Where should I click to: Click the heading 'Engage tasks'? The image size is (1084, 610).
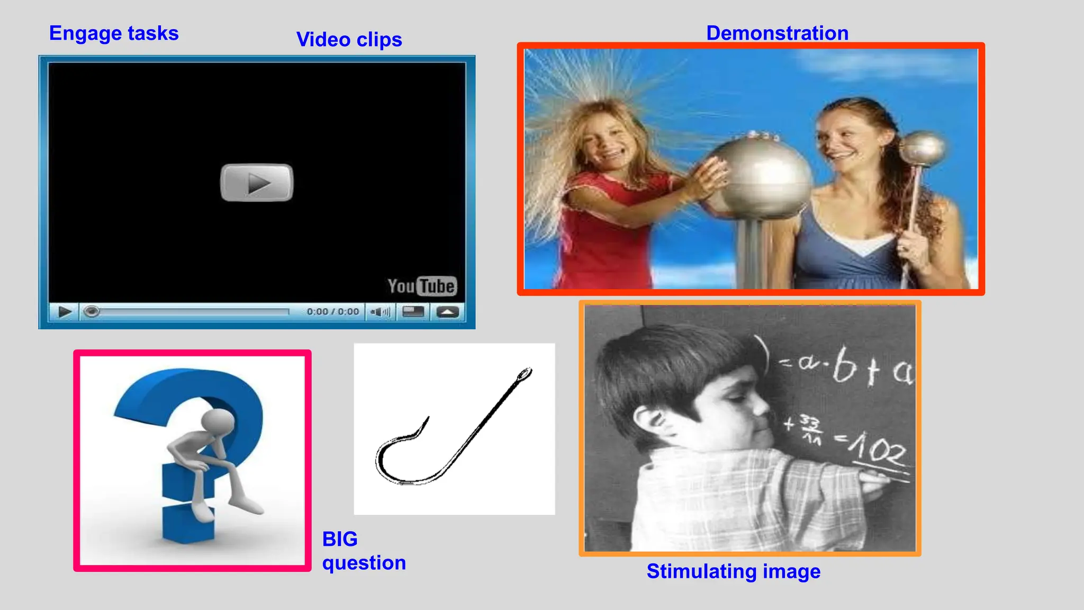(114, 33)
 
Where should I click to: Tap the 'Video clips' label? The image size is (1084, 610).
(349, 40)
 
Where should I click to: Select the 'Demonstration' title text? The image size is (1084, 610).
(777, 33)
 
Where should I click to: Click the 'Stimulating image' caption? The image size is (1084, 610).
(733, 571)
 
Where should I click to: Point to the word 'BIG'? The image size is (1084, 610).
(340, 539)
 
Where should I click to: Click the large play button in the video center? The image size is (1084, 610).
(257, 183)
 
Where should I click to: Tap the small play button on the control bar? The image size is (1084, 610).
(65, 312)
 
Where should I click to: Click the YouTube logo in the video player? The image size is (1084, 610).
(422, 286)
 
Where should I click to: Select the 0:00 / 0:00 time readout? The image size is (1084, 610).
(332, 312)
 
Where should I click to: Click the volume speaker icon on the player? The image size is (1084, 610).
(380, 312)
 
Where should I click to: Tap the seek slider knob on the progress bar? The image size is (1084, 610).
(92, 312)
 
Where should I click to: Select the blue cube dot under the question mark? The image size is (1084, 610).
(188, 523)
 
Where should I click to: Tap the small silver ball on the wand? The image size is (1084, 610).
(922, 148)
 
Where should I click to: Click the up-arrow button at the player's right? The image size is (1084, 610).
(447, 312)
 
